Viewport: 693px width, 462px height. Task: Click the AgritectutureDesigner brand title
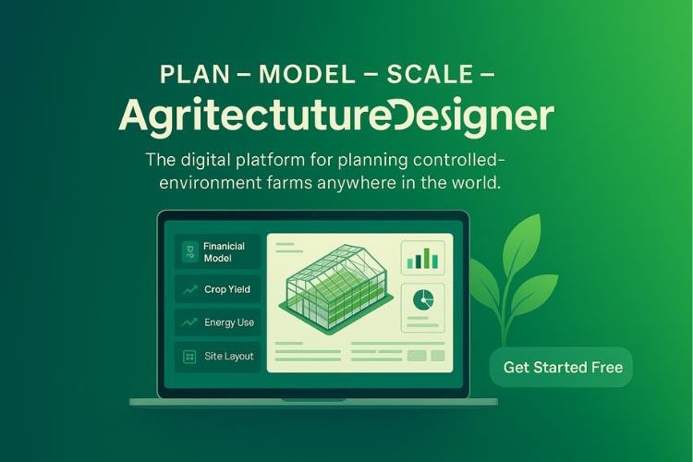pos(337,115)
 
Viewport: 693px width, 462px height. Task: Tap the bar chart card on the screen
pos(423,258)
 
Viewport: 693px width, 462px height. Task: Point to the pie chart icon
pos(423,299)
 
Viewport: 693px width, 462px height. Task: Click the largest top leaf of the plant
pos(522,245)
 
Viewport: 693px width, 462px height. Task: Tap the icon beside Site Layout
pos(189,356)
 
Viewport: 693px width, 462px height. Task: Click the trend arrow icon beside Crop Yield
pos(189,289)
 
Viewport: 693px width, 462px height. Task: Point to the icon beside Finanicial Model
pos(189,249)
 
